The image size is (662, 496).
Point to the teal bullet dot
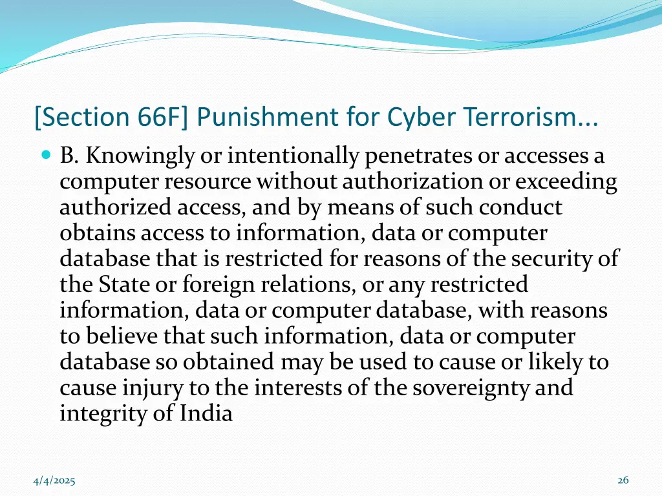[x=45, y=156]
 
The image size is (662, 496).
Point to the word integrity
[x=98, y=414]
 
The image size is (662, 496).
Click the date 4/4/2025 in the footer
[x=54, y=480]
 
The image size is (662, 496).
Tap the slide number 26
[x=623, y=480]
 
